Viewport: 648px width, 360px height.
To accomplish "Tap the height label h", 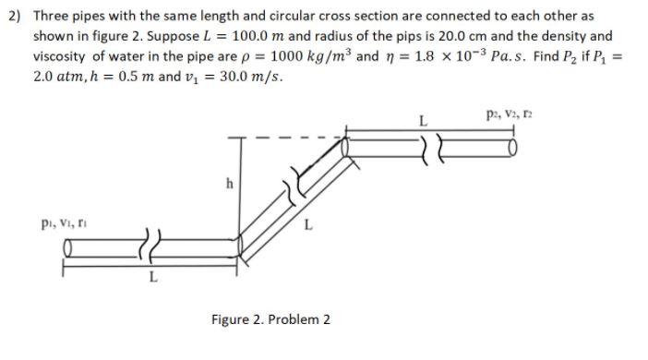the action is coord(227,182).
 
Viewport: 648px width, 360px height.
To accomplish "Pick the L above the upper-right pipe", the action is coord(423,120).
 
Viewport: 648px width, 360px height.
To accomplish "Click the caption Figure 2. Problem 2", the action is coord(270,319).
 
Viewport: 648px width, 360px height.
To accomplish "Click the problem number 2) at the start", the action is coord(17,17).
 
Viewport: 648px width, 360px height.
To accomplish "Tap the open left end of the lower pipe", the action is coord(67,249).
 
